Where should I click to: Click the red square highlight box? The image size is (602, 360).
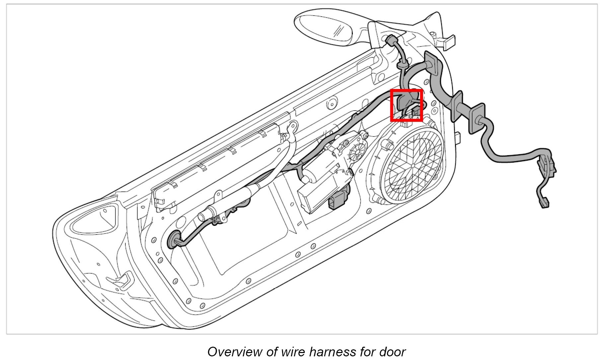407,105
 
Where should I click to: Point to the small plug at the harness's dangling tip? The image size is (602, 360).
545,203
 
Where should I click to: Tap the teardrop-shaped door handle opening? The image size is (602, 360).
94,219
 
